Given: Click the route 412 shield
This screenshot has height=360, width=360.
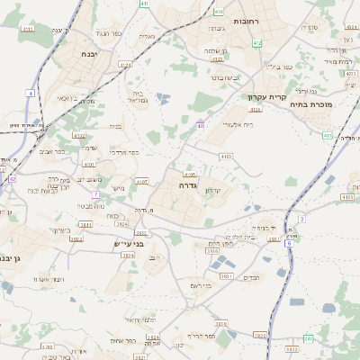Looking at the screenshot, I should [257, 42].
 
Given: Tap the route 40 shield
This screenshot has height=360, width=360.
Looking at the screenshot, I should [200, 125].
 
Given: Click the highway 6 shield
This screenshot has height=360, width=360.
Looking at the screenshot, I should [289, 243].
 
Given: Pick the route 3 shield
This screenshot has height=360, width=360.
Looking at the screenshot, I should [302, 218].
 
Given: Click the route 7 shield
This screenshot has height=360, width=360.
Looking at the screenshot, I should [95, 194].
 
